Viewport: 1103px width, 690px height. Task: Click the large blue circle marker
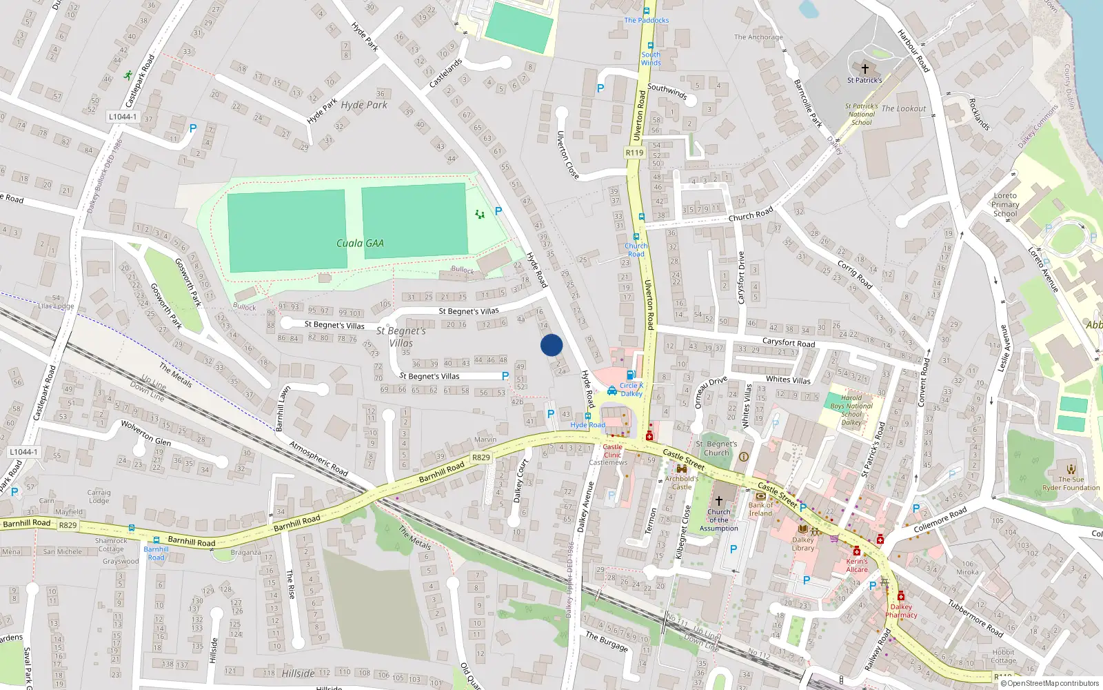coord(551,345)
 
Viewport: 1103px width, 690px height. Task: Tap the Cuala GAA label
coord(360,243)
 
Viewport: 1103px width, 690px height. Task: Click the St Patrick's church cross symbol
coord(865,69)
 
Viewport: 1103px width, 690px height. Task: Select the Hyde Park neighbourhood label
coord(364,105)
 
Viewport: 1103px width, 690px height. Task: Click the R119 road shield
coord(634,152)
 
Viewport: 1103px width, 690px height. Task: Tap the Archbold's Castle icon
coord(682,469)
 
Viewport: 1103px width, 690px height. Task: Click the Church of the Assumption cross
coord(718,501)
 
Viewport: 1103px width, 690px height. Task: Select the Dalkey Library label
coord(803,544)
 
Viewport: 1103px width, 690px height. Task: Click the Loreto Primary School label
coord(1005,204)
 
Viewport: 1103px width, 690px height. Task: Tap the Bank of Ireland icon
coord(760,496)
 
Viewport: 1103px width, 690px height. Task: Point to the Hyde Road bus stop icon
coord(588,416)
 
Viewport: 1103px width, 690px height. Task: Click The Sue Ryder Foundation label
coord(1071,483)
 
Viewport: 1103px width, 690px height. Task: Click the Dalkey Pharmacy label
coord(901,611)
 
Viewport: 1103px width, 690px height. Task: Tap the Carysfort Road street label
coord(788,342)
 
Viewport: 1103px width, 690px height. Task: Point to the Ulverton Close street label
coord(567,155)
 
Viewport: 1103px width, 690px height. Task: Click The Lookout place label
coord(903,108)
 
